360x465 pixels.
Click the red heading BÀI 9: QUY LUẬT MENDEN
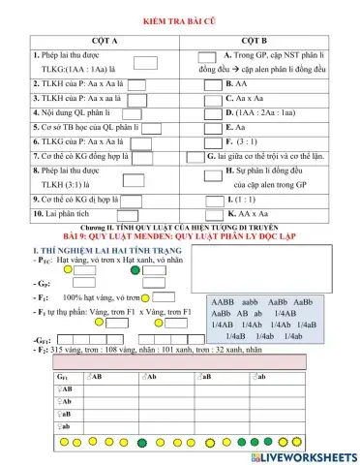(183, 236)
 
